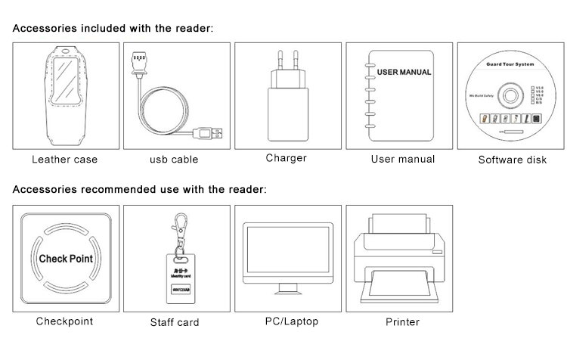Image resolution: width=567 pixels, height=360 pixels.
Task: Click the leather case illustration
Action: pos(64,95)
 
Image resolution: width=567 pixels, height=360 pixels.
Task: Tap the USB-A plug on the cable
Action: pos(209,133)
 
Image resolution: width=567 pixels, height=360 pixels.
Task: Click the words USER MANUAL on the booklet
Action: pos(404,73)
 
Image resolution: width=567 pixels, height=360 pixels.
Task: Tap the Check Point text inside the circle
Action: pos(66,259)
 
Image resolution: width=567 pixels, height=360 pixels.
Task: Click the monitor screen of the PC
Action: pos(287,253)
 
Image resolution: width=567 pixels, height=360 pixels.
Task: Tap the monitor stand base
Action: pos(287,293)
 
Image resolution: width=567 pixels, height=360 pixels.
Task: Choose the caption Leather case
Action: pos(64,160)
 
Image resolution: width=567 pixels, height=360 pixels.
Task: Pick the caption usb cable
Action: pos(174,160)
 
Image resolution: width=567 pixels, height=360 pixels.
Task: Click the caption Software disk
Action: pos(512,160)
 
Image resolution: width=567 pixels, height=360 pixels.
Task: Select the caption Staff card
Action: pos(175,322)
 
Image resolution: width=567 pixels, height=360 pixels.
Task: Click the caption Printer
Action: pos(402,321)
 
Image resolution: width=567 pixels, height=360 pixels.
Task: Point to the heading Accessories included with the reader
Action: pos(113,28)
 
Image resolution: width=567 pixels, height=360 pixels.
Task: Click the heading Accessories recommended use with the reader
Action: pos(140,189)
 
